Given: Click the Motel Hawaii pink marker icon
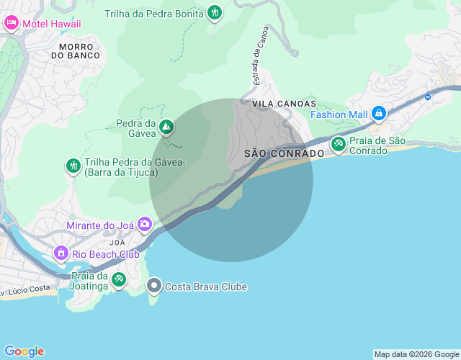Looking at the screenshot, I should [x=12, y=24].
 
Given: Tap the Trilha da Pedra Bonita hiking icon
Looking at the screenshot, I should [x=215, y=12].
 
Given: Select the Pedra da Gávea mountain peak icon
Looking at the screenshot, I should [x=166, y=127].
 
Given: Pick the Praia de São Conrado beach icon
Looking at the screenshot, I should [x=339, y=144].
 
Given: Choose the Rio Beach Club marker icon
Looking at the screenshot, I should [x=61, y=253].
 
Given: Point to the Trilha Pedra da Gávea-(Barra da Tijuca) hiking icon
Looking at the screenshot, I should [x=73, y=166].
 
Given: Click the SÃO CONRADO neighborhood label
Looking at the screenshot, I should [x=284, y=154].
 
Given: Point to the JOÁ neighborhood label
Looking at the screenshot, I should [x=117, y=243].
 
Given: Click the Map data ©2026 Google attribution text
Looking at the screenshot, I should [x=416, y=354].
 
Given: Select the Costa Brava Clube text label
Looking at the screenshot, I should [x=206, y=287].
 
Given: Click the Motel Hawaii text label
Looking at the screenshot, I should [x=52, y=24].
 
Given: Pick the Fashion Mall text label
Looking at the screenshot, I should [x=339, y=114].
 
